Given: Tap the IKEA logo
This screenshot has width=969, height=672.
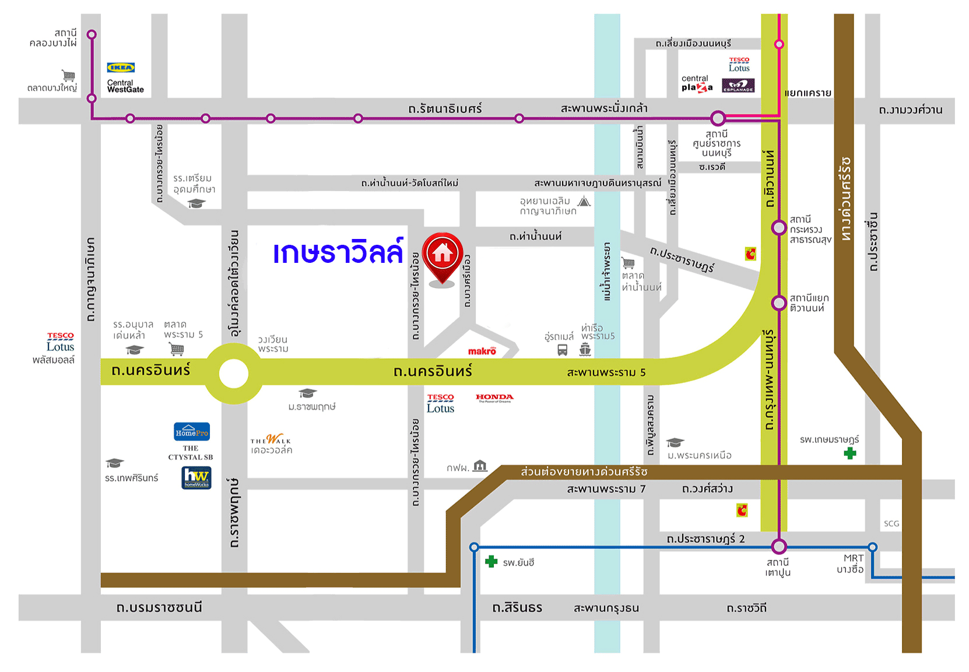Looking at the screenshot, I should click(121, 68).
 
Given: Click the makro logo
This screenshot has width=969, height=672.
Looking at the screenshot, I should click(482, 351).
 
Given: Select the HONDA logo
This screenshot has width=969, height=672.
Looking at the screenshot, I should click(494, 398).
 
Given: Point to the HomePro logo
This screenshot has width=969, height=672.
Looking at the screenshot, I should click(192, 432).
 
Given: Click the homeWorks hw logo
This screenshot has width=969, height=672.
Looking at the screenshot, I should click(196, 478).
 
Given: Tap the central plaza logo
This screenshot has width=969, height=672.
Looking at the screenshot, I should click(697, 83).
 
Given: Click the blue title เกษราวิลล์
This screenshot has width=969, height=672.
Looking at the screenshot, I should click(338, 253).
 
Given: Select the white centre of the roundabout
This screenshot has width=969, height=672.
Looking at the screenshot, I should click(234, 374).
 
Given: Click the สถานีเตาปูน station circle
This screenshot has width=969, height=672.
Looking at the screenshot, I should click(779, 547).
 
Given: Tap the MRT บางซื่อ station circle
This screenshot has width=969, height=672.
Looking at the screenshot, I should click(872, 547).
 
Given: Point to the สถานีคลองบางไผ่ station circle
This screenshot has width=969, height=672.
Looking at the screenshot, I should click(92, 35).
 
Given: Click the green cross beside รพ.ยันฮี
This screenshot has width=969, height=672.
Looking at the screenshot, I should click(491, 562).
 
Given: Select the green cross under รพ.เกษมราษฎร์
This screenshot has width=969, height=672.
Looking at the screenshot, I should click(850, 453).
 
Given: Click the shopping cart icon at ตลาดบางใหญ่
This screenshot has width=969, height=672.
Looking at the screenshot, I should click(69, 76).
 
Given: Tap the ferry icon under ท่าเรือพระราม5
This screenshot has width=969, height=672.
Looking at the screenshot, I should click(585, 350).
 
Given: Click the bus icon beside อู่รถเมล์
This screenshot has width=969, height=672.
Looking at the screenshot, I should click(563, 350).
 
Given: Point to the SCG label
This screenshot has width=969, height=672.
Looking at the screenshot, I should click(891, 523).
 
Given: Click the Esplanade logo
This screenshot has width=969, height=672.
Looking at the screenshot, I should click(738, 86).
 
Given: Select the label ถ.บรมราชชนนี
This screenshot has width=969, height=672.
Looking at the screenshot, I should click(159, 608).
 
